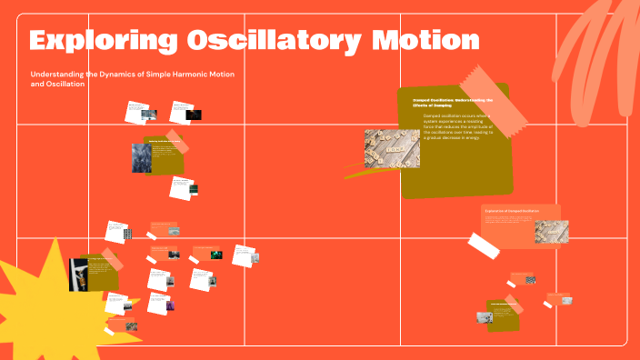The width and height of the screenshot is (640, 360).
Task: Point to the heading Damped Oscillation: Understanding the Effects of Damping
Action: pyautogui.click(x=452, y=103)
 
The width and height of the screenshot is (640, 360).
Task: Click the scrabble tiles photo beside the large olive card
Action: pyautogui.click(x=392, y=148)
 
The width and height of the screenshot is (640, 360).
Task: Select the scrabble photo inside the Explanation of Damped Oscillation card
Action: pyautogui.click(x=551, y=231)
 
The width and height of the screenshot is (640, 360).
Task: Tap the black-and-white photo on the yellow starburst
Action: pyautogui.click(x=78, y=275)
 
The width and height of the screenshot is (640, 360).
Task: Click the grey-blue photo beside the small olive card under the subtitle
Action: pyautogui.click(x=142, y=156)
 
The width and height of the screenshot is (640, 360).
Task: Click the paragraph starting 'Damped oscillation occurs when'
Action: pyautogui.click(x=458, y=127)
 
